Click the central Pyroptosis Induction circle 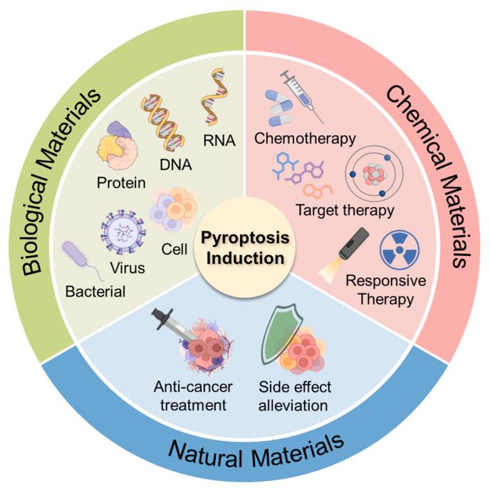coord(245,245)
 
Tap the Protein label coord(121,182)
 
